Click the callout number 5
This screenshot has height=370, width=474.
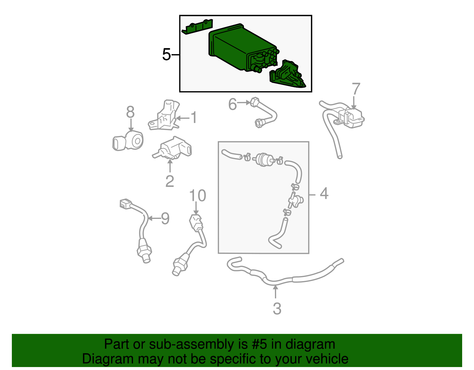point(166,55)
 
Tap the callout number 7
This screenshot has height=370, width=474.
point(356,89)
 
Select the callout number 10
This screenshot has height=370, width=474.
point(198,196)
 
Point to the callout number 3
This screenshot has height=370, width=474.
point(277,309)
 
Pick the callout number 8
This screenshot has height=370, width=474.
point(130,112)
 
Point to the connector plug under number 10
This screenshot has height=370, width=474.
point(196,222)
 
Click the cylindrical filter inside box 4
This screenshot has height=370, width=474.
point(263,159)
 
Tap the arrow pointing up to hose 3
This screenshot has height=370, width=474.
point(276,292)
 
